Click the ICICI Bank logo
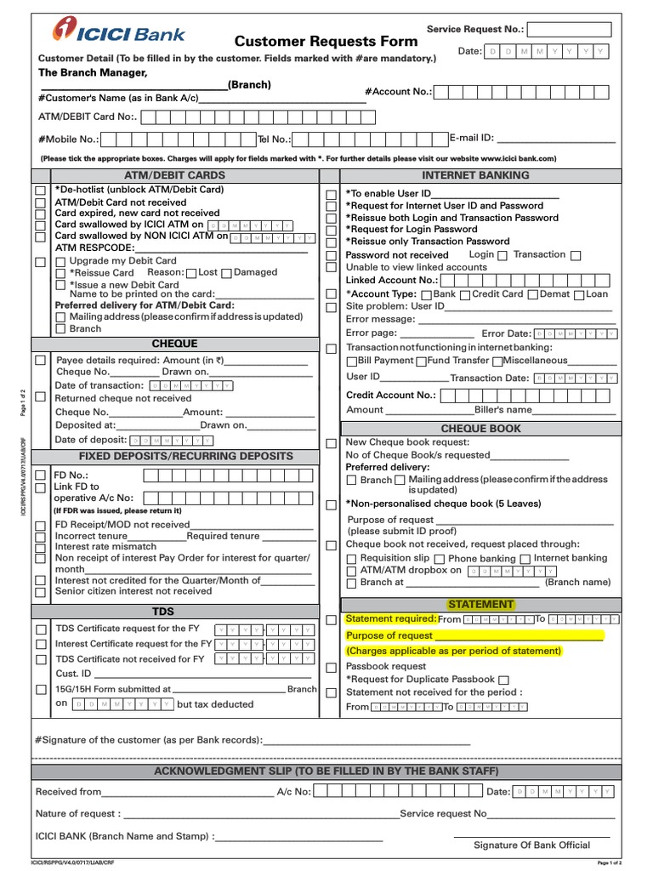click(119, 32)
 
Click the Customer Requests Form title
click(326, 41)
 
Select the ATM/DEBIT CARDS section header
click(174, 175)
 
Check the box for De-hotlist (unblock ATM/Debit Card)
click(40, 191)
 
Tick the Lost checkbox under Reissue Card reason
click(191, 273)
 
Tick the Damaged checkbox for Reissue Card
click(227, 273)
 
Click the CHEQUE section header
click(174, 344)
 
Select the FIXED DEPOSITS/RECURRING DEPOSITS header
click(174, 456)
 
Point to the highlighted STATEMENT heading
click(481, 604)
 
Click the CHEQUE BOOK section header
click(481, 429)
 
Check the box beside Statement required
click(332, 620)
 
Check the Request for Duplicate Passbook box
click(503, 680)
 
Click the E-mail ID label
click(471, 138)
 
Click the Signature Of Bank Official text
click(531, 845)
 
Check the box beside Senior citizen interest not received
click(40, 591)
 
